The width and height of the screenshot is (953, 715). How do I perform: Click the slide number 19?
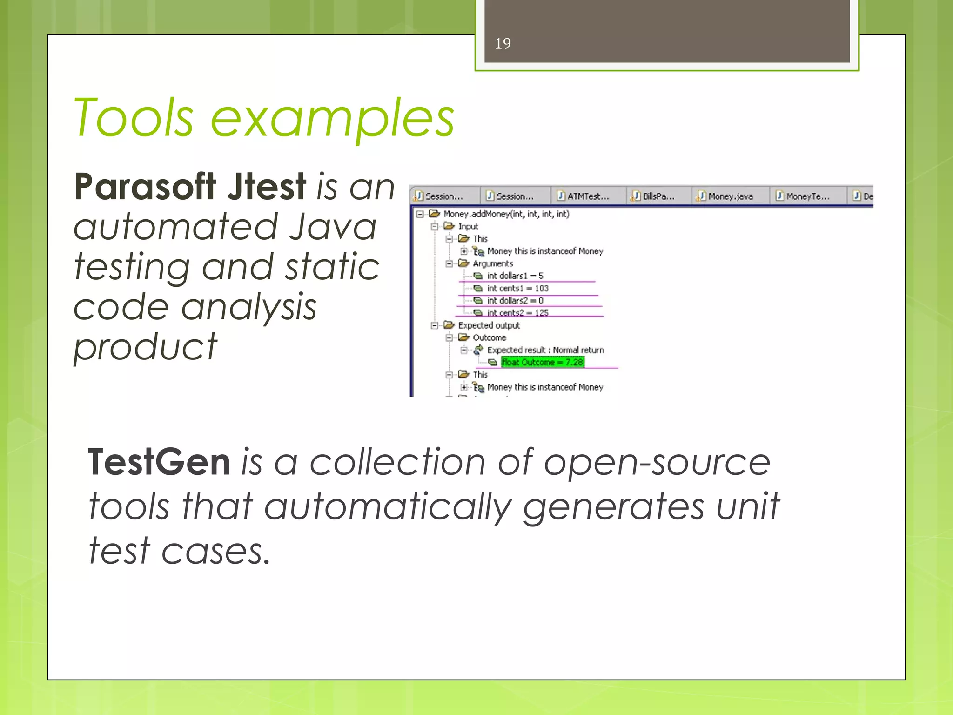pos(503,43)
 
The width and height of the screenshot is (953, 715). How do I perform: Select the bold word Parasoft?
pos(145,187)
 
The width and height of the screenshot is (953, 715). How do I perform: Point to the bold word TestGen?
pos(159,462)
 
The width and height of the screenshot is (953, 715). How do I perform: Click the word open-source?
pos(657,463)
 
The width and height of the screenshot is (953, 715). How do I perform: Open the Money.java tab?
pos(730,196)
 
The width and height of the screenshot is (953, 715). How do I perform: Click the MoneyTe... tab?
pos(807,196)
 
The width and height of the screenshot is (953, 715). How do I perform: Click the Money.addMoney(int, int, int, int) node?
pos(506,214)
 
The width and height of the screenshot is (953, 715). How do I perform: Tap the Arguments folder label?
pos(493,263)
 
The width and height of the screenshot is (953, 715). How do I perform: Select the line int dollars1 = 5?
pos(515,276)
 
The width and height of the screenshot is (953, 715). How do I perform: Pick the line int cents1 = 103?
pos(518,289)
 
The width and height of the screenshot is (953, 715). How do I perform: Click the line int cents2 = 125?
pos(518,313)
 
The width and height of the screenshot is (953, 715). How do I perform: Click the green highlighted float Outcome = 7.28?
pos(543,362)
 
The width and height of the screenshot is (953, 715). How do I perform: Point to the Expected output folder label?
pos(489,325)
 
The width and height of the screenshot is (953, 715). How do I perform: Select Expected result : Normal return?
pos(546,350)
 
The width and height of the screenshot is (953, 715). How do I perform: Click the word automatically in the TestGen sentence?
pos(388,507)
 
